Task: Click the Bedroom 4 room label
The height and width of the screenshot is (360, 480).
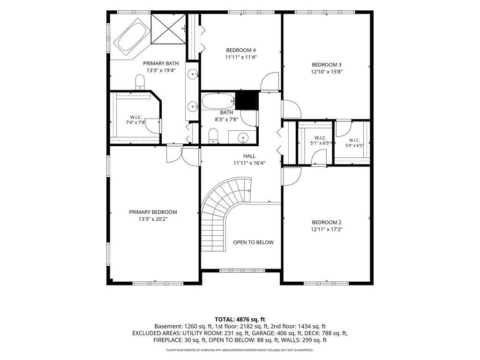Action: [x=241, y=50]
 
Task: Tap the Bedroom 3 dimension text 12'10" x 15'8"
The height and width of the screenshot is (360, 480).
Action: [x=327, y=72]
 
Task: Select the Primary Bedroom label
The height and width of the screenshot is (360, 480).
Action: [x=153, y=212]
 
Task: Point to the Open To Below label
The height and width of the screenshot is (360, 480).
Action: [x=254, y=242]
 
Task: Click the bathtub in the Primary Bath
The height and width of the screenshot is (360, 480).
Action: [x=132, y=37]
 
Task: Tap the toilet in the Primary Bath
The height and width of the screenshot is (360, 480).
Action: [x=140, y=82]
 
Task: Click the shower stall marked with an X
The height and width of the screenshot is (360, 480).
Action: [x=168, y=29]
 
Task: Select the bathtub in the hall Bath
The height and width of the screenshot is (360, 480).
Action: [x=218, y=101]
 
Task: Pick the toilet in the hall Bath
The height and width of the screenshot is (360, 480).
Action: [x=213, y=135]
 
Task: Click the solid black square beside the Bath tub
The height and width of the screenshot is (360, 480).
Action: [x=246, y=100]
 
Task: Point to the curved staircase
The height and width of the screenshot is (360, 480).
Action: [x=226, y=214]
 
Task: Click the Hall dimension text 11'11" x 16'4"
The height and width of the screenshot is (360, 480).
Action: [x=249, y=163]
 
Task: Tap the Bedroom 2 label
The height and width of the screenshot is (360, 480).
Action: [x=327, y=223]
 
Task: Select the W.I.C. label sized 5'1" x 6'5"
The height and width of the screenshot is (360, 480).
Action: [x=320, y=138]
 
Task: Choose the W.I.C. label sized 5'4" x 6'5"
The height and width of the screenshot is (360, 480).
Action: [x=354, y=141]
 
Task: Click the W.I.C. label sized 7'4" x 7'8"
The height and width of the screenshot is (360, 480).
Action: [x=136, y=117]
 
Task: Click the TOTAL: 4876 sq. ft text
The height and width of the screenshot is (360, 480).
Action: [x=240, y=320]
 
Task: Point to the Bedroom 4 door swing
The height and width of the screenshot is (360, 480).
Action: [x=270, y=82]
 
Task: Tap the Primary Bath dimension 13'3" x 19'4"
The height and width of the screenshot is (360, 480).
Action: [x=161, y=70]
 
